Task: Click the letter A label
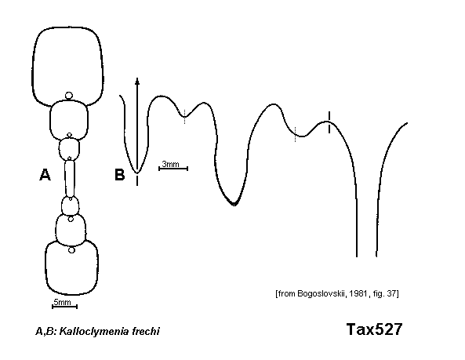pos(45,174)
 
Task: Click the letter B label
pos(119,174)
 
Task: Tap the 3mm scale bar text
pos(170,164)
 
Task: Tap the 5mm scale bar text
pos(62,302)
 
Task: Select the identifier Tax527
pos(374,329)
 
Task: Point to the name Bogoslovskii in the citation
pos(322,293)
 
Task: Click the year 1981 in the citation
pos(358,293)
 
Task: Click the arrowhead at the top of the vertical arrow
pos(137,81)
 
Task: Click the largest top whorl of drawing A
pos(67,67)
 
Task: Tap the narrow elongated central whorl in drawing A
pos(70,178)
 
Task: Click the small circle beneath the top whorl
pos(69,96)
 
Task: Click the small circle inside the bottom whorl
pos(71,250)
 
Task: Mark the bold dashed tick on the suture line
pos(329,122)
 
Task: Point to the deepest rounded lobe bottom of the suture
pos(234,204)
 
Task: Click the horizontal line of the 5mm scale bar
pos(64,307)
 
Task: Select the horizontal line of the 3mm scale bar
pos(173,169)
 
